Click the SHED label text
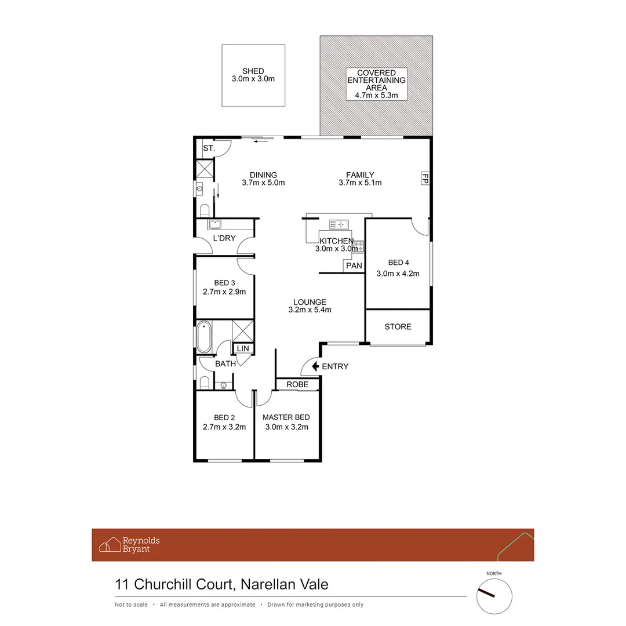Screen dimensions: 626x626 [253, 71]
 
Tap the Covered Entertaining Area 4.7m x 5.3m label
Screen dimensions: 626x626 [376, 85]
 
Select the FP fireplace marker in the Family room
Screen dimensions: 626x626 [424, 177]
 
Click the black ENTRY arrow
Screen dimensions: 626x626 [315, 366]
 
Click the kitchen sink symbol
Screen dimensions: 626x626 [338, 224]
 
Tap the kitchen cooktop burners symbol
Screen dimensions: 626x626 [358, 246]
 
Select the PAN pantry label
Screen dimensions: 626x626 [354, 266]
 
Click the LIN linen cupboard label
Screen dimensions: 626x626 [242, 348]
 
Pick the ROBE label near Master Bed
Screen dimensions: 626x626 [297, 384]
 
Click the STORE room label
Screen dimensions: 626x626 [398, 327]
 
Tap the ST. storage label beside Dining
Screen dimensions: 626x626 [209, 149]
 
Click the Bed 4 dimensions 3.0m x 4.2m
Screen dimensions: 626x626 [398, 274]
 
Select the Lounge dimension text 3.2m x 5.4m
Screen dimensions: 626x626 [310, 310]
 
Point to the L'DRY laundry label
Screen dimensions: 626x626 [224, 239]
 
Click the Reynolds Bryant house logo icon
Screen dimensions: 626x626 [110, 545]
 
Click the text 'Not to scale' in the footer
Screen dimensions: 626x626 [131, 605]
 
